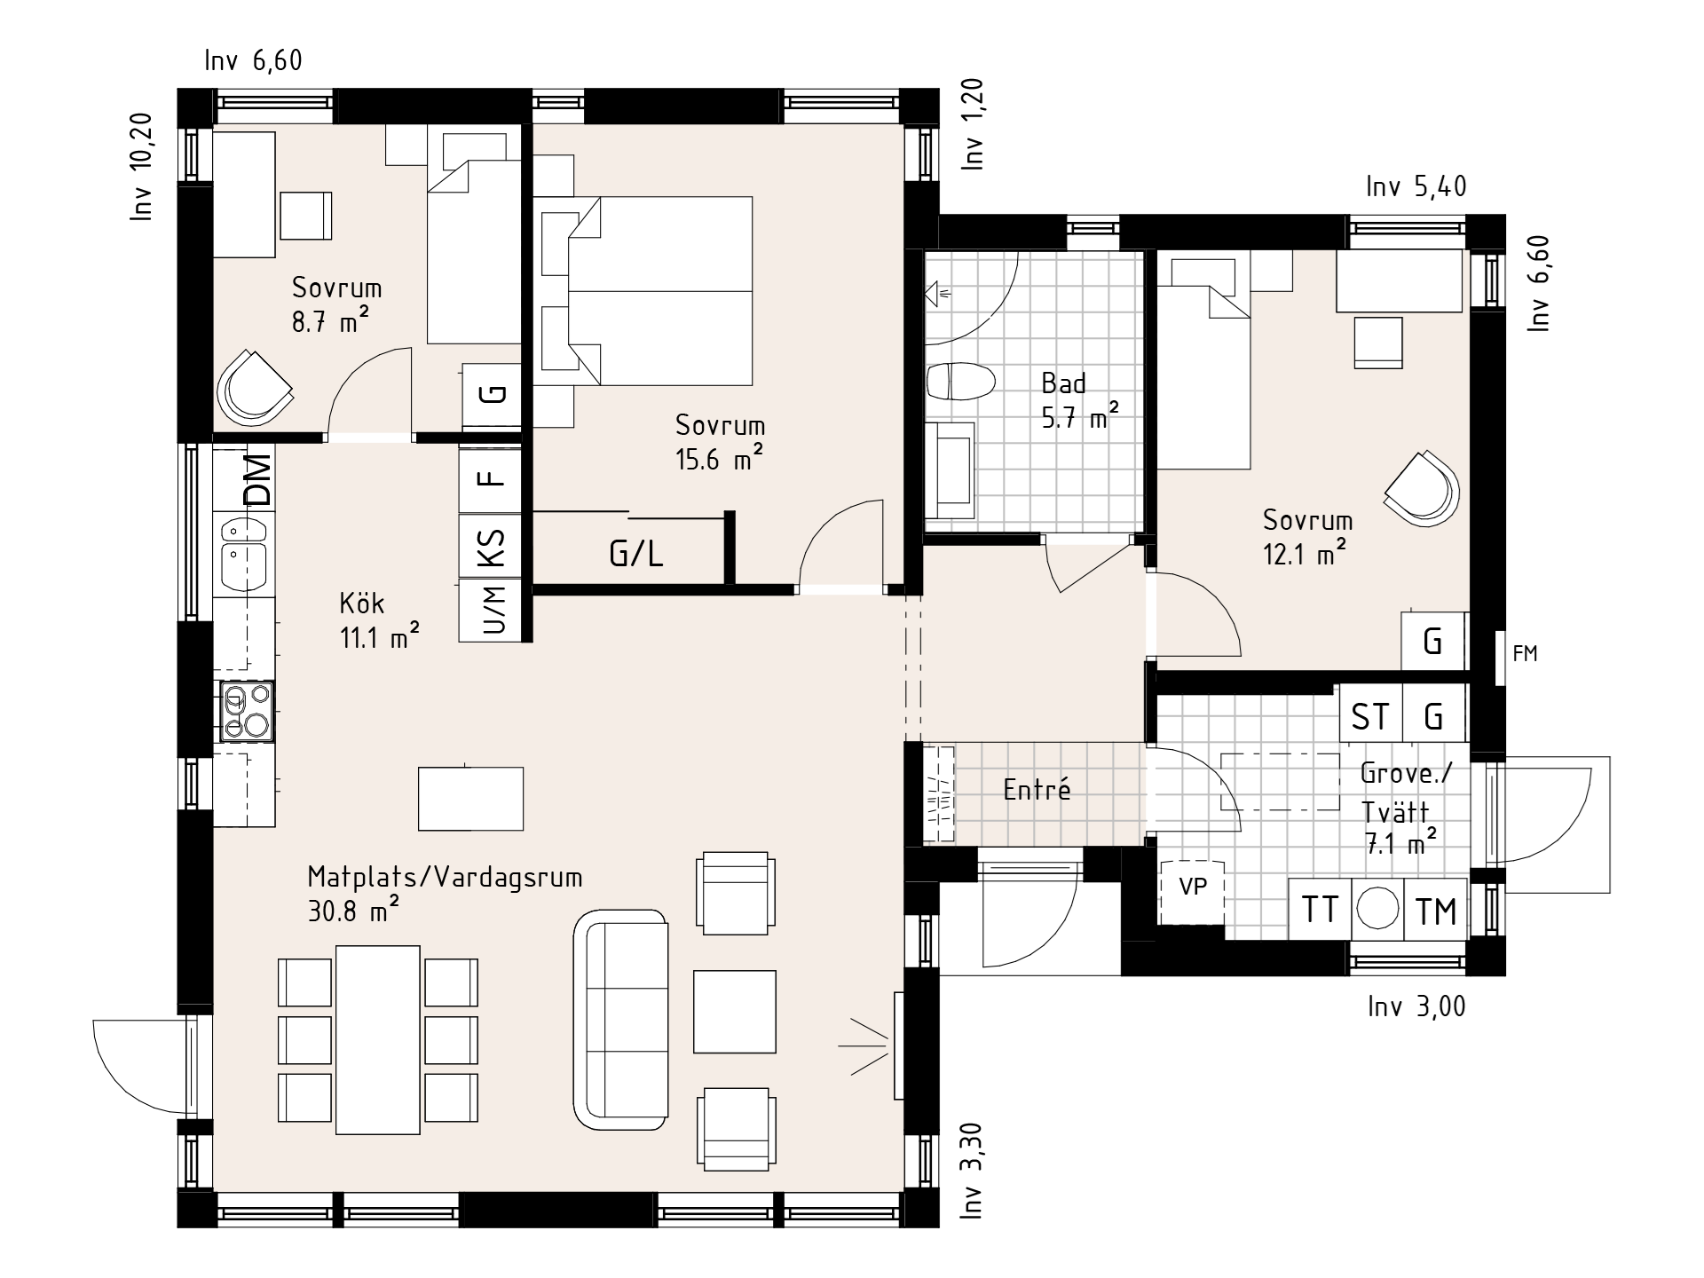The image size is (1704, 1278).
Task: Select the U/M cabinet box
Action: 494,610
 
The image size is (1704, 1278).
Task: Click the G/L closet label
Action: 636,554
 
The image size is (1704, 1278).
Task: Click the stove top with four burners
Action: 247,712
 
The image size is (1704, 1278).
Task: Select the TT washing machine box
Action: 1319,910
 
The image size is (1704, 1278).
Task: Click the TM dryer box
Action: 1436,910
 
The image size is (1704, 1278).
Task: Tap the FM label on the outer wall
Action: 1525,654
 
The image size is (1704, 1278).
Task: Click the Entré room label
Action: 1037,789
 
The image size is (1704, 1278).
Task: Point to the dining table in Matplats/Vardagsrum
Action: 377,1039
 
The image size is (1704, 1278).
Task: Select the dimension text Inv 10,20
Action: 142,167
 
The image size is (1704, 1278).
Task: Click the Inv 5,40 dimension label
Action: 1416,186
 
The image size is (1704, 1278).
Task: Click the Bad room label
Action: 1063,383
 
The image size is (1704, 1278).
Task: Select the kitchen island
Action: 470,798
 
